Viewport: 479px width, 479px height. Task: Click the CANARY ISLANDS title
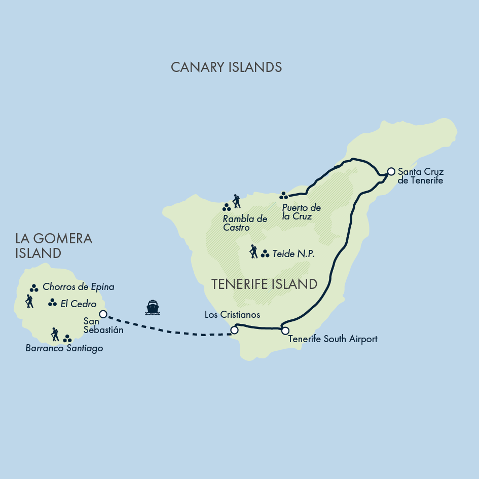coord(226,67)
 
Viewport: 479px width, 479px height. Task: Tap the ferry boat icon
coord(153,307)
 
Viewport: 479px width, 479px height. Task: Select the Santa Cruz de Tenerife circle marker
coord(391,171)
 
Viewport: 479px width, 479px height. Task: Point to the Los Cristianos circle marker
coord(234,330)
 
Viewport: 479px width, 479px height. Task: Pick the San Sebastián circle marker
coord(103,314)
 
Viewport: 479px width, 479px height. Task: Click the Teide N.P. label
coord(293,254)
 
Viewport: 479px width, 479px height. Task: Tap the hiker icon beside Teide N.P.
coord(253,251)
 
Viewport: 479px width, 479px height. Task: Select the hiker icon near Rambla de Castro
coord(236,201)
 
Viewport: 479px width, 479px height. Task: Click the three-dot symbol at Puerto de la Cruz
coord(284,195)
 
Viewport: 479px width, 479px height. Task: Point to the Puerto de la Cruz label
coord(301,212)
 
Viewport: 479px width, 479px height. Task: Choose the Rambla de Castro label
coord(245,223)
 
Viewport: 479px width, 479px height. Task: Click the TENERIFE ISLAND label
coord(264,284)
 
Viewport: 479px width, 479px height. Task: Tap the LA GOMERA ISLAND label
coord(54,245)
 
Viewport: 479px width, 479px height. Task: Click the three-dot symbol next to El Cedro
coord(52,303)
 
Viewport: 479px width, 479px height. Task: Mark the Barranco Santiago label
coord(64,348)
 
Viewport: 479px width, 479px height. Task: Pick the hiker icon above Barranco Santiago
coord(55,335)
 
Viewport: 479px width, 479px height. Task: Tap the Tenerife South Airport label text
coord(333,339)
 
